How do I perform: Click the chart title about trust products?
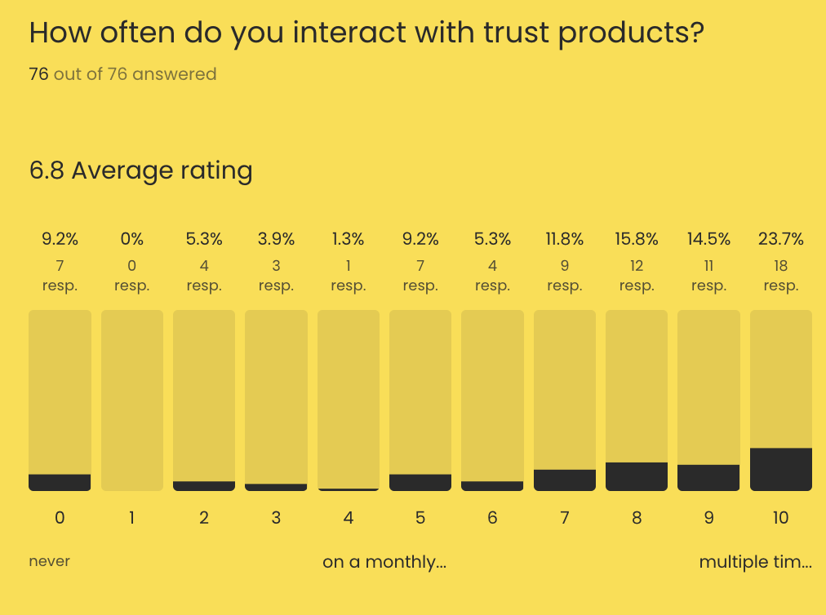[366, 33]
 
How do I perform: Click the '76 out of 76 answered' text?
[122, 74]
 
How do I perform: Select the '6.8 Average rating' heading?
[140, 171]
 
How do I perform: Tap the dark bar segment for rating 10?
[780, 469]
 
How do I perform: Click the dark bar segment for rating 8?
[637, 476]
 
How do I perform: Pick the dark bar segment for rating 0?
[60, 482]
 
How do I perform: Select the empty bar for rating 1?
[131, 400]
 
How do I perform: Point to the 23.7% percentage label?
[780, 239]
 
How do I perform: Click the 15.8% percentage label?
[637, 239]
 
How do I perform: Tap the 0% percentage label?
[131, 239]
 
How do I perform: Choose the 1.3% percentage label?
[348, 239]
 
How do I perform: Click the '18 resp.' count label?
[780, 276]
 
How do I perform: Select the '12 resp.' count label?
[637, 276]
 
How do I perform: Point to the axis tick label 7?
[564, 517]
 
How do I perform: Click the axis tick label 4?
[348, 517]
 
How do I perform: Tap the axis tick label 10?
[780, 517]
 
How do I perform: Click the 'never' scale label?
[50, 561]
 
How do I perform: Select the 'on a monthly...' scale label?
[384, 562]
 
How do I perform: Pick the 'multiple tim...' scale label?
[755, 562]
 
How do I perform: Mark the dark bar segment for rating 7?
[564, 480]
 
